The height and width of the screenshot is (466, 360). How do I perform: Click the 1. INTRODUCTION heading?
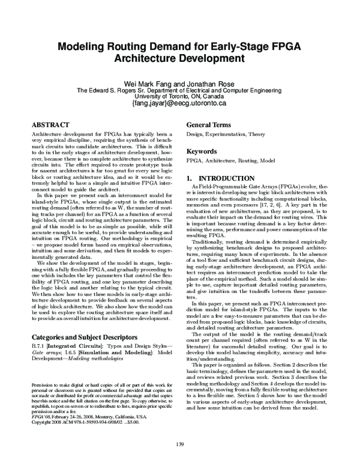[x=220, y=179]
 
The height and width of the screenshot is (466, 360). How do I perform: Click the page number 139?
[x=180, y=444]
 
